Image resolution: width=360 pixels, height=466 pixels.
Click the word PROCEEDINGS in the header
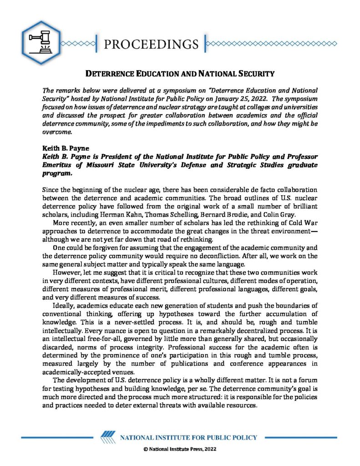click(x=151, y=44)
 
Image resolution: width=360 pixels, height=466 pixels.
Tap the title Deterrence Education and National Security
click(x=180, y=73)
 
